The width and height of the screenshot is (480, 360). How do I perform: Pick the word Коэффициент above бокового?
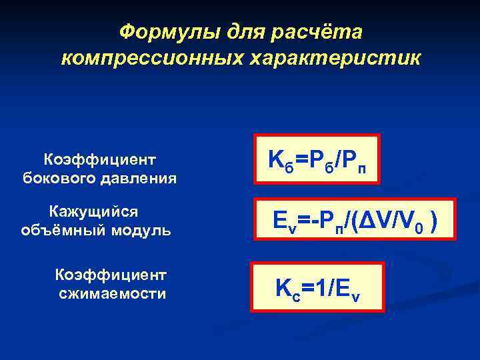click(100, 159)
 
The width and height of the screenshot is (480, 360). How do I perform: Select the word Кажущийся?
click(94, 211)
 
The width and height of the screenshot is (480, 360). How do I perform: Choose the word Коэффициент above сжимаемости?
click(112, 275)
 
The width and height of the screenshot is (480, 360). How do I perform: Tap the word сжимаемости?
click(112, 293)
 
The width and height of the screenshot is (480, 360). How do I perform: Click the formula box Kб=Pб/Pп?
click(316, 161)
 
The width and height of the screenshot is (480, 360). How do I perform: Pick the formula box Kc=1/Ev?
click(317, 287)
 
